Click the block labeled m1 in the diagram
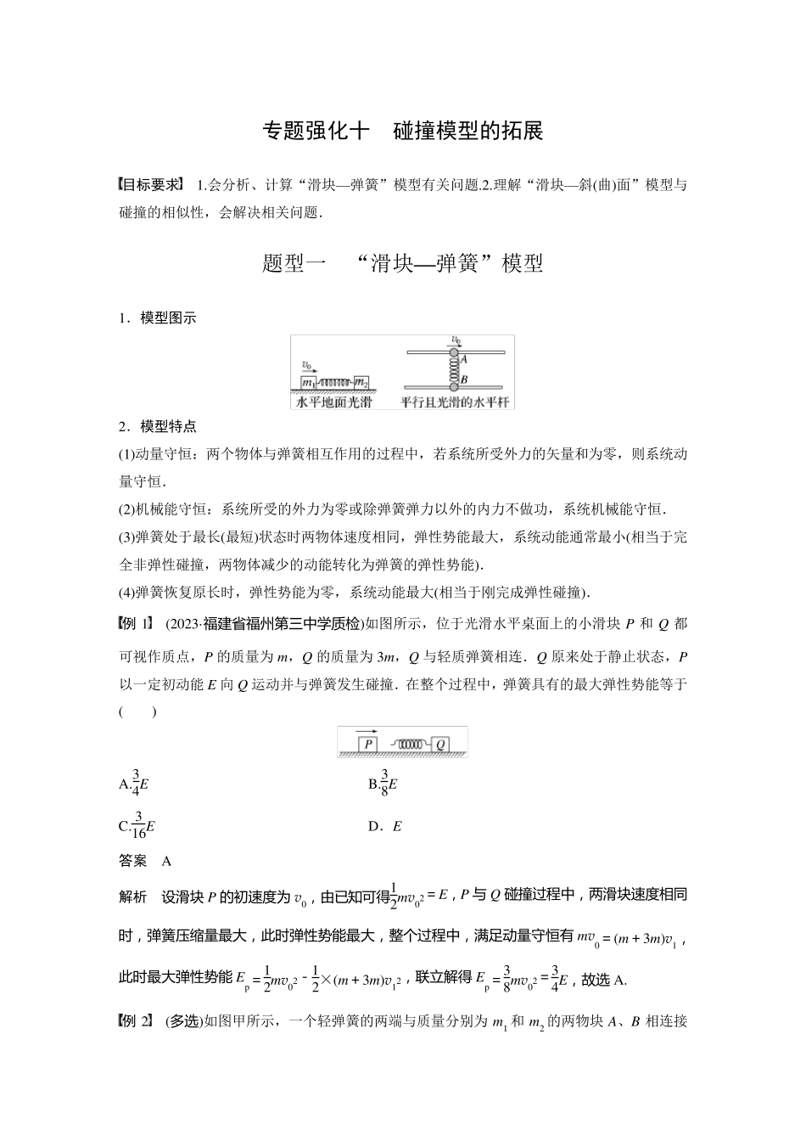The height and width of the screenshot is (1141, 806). [309, 382]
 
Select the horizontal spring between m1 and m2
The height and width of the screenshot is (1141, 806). [335, 382]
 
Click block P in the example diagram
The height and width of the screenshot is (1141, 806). [367, 745]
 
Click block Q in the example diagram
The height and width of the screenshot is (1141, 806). [441, 745]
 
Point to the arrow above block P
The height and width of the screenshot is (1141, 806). [367, 731]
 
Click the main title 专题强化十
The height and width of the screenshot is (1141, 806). [316, 132]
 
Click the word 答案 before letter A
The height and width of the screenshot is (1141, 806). [133, 861]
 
